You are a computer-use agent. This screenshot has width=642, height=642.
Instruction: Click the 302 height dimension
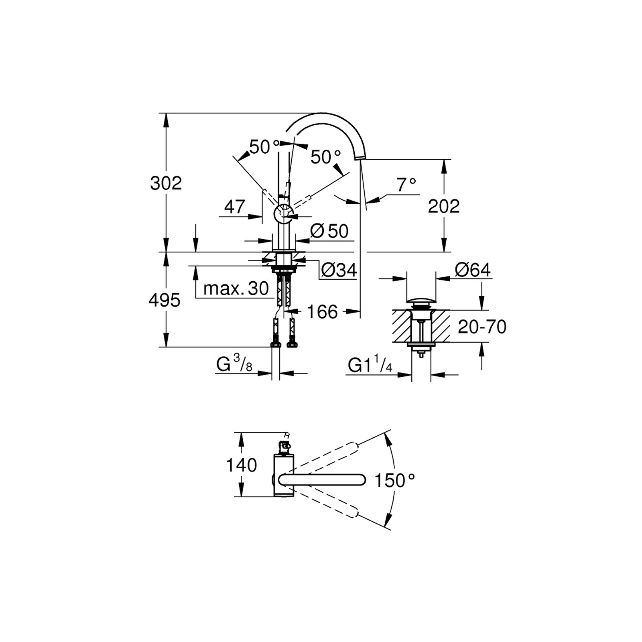point(166,183)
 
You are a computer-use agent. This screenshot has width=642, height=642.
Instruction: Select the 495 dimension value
point(165,300)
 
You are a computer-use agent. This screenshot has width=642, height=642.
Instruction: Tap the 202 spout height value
point(443,206)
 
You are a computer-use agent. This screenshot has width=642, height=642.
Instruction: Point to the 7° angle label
point(406,185)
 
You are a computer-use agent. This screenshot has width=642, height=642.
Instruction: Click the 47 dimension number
point(234,207)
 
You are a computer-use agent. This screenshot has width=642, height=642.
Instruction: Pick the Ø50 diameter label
point(329,231)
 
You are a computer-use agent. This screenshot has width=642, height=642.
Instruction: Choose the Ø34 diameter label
point(339,271)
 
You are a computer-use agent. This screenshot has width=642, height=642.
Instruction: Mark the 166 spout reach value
point(322,312)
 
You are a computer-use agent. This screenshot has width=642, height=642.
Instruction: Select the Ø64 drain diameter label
point(473,270)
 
